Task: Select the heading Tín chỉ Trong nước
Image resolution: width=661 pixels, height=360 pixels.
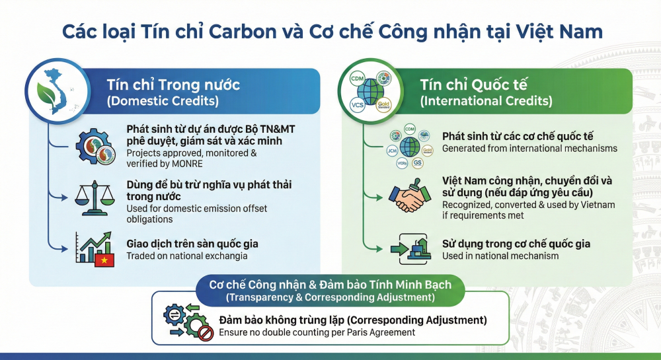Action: point(173,85)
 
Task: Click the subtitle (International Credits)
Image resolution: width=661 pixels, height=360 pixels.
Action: point(486,101)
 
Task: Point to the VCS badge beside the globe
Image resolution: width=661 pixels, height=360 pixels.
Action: point(357,105)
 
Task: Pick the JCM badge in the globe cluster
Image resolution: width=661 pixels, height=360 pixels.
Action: point(392,151)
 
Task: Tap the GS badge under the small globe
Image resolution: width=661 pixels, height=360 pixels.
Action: point(417,162)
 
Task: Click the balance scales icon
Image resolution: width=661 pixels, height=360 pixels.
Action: point(95,198)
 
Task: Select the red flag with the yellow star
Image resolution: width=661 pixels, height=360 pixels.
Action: point(104,261)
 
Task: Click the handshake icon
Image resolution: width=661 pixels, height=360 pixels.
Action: point(409,196)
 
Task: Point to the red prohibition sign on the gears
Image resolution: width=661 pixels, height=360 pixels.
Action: point(206,334)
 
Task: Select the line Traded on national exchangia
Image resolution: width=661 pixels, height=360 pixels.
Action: point(187,256)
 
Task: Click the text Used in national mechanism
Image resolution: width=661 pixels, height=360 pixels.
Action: point(500,256)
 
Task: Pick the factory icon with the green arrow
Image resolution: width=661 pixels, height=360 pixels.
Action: point(410,249)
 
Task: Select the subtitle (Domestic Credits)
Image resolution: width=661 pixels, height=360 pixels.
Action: point(163,101)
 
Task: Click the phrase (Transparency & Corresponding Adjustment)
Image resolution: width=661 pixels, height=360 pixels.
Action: point(330,297)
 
